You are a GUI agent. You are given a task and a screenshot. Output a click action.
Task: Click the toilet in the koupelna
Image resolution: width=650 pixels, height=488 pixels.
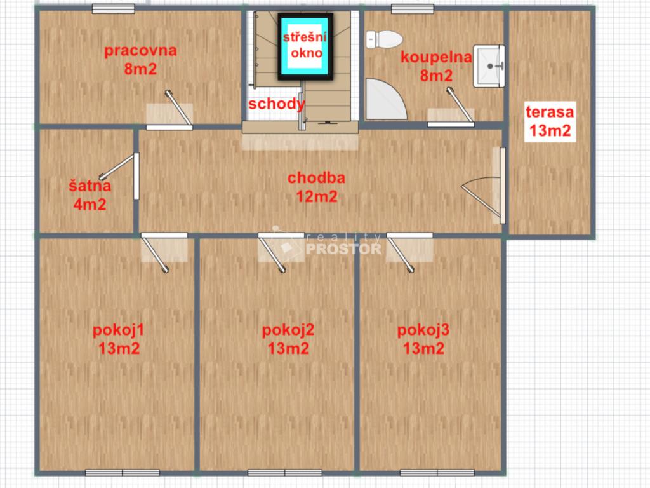click(x=384, y=39)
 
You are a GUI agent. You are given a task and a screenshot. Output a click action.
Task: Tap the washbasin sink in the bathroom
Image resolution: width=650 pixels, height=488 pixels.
click(x=489, y=66)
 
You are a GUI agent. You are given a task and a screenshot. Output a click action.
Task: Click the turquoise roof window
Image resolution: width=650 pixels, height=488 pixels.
click(x=305, y=46)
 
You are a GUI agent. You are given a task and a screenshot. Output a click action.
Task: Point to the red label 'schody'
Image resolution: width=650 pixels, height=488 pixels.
click(x=277, y=104)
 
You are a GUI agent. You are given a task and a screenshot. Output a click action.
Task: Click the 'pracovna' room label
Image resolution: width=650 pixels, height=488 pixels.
click(x=140, y=51)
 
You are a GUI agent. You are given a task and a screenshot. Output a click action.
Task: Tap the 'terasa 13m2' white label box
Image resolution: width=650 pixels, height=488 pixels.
click(x=550, y=121)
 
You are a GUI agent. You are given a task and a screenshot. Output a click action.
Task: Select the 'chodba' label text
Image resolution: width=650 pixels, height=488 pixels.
click(x=316, y=178)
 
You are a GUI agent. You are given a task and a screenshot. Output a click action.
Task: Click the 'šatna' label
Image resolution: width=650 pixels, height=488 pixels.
click(x=90, y=186)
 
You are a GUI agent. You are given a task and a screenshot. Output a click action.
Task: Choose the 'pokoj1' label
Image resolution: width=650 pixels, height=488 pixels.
click(x=119, y=330)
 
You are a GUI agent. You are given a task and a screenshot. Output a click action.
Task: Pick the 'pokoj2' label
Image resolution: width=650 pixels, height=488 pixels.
click(x=288, y=330)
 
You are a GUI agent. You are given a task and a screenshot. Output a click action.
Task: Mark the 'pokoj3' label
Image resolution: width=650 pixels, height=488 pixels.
click(x=423, y=330)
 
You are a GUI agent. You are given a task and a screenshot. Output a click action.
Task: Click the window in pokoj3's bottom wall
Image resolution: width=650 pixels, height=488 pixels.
click(x=437, y=473)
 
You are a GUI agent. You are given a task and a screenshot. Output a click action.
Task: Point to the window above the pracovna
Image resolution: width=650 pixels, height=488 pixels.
click(x=113, y=9)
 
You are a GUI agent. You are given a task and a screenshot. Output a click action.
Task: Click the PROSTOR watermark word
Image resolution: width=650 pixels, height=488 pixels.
click(x=343, y=249)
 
